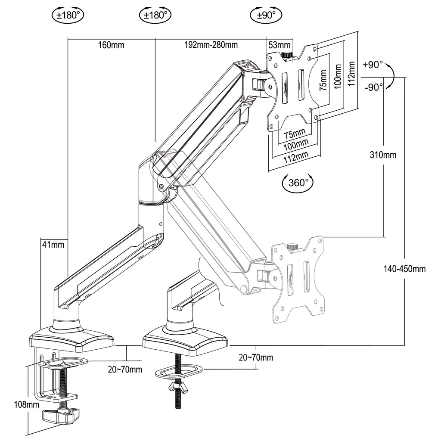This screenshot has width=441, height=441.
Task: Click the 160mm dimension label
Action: coord(111,45)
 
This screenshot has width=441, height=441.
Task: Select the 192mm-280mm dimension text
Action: coord(211,45)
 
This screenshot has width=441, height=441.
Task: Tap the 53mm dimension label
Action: coord(279,45)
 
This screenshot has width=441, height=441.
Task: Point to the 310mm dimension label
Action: coord(383,155)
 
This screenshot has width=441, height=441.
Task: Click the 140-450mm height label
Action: coord(404,269)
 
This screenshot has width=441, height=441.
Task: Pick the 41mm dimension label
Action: coord(53,245)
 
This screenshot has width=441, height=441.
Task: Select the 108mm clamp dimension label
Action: coord(27,405)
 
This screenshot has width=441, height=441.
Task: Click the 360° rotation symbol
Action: coord(297,183)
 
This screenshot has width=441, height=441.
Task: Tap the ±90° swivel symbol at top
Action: coord(266,15)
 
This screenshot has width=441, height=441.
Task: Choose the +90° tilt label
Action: coord(373,65)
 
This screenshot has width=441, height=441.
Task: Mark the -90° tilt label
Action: coord(374,87)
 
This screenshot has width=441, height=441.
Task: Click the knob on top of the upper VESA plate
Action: coord(287,55)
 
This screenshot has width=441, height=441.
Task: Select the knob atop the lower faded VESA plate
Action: coord(292,247)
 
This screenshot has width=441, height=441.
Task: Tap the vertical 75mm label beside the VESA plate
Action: coord(323,80)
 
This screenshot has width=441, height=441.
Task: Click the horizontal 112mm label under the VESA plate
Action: coord(296,157)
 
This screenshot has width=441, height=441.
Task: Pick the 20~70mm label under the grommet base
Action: coord(256,357)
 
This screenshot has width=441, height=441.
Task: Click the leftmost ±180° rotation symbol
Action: coord(68,15)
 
